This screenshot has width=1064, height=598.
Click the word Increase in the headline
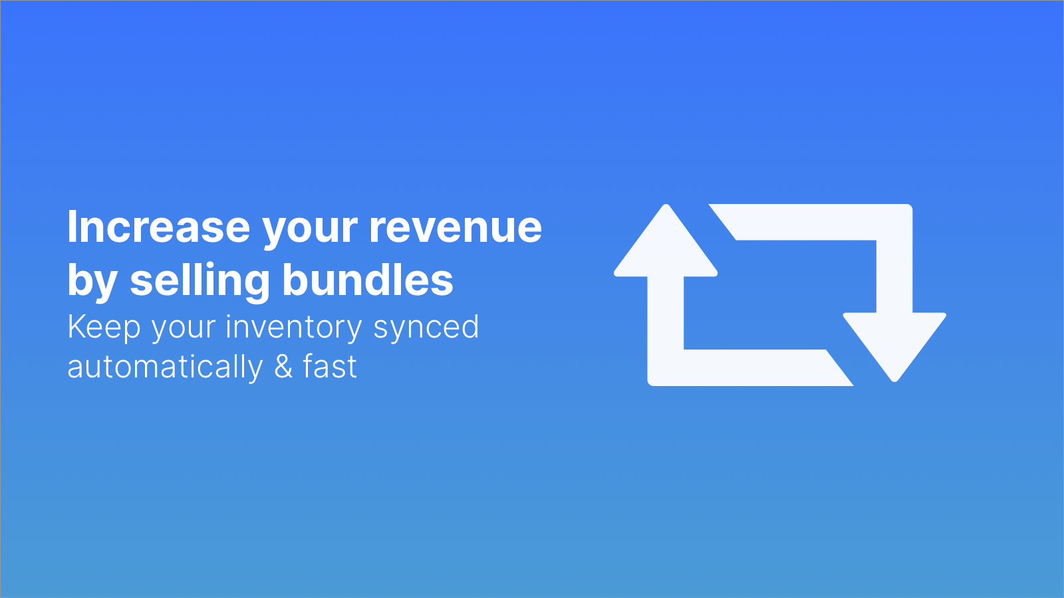[159, 227]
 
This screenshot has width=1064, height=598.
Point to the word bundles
[368, 280]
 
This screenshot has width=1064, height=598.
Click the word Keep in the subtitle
[104, 328]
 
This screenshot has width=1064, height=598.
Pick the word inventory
[294, 328]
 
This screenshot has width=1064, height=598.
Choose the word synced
[426, 328]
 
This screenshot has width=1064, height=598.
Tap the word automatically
[165, 367]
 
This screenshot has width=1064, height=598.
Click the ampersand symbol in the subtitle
[283, 366]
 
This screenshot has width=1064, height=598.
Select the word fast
[330, 366]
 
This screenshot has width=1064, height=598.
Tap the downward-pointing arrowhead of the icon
[894, 347]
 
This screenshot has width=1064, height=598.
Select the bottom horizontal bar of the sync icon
[751, 368]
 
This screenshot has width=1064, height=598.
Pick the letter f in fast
[309, 366]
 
